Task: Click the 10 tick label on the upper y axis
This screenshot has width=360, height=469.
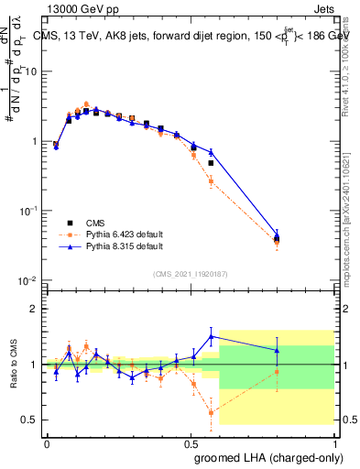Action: [x=31, y=71]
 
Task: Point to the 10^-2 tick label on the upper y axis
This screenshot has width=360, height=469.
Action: [x=29, y=280]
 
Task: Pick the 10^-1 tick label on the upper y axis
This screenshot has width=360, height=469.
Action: [x=29, y=211]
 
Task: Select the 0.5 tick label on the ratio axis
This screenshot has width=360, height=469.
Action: [x=32, y=420]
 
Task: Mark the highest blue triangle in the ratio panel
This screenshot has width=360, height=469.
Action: [x=212, y=336]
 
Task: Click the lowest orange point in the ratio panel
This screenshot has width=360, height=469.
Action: [x=212, y=412]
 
